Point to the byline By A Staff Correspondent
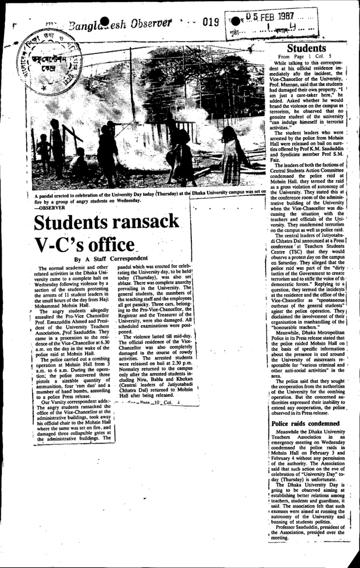pos(111,258)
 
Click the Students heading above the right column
pos(306,49)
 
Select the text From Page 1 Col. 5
pos(305,57)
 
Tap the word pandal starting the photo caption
pos(49,195)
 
